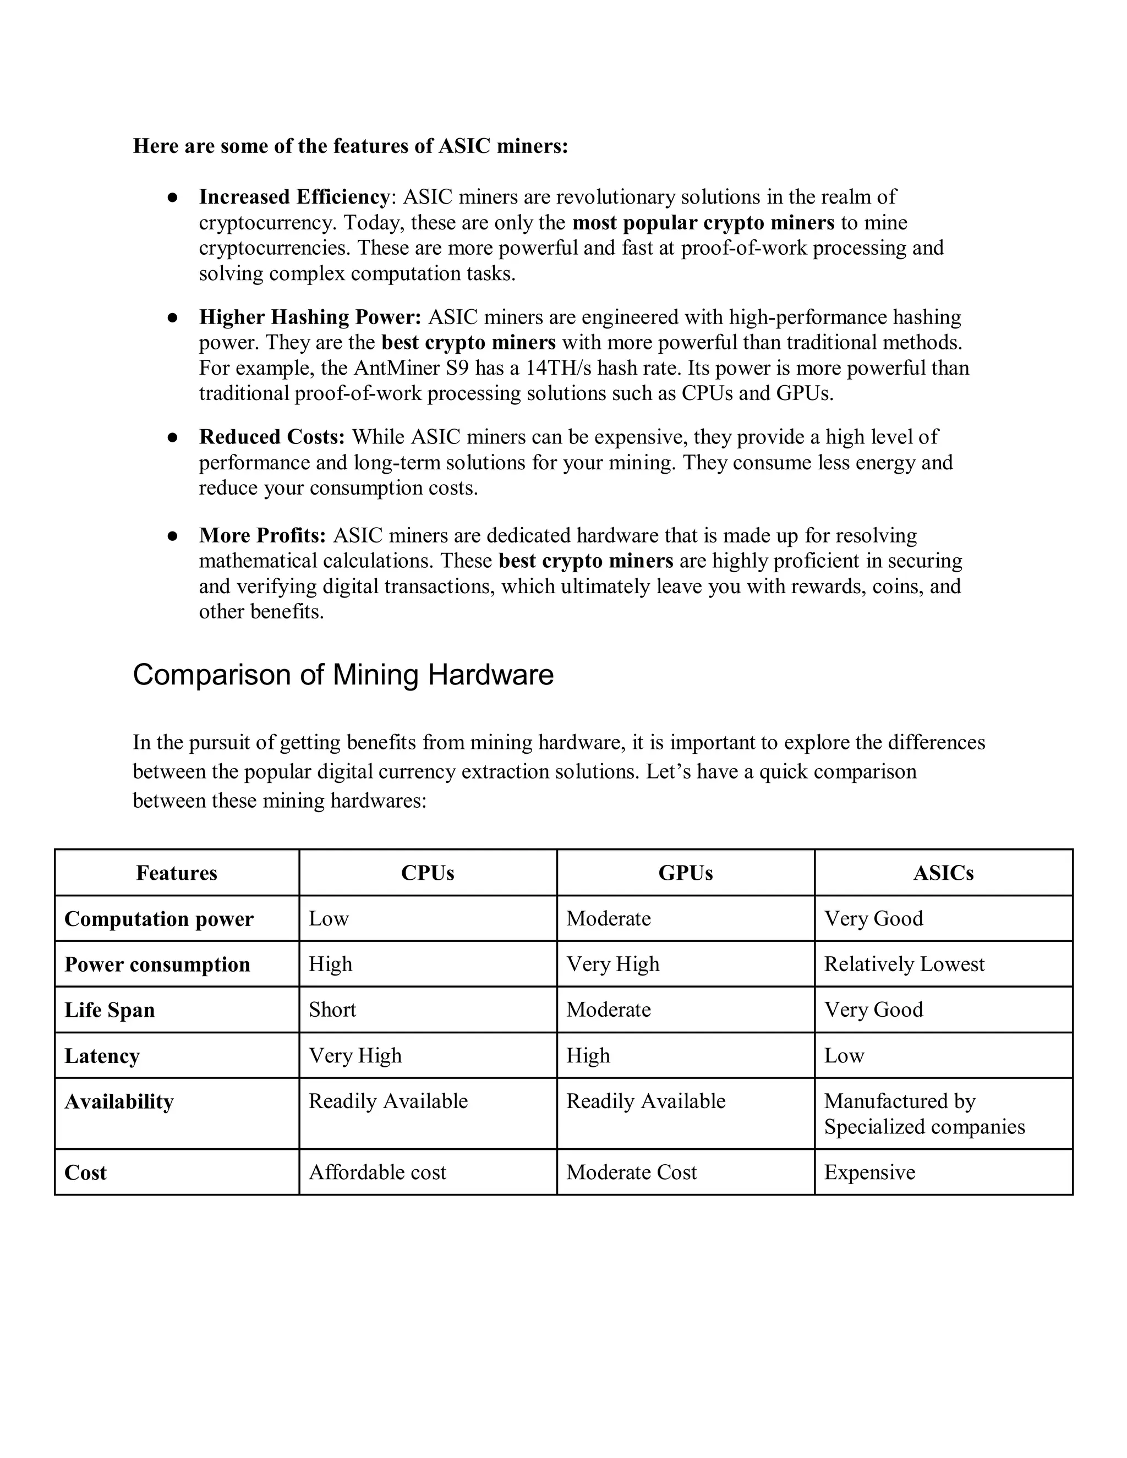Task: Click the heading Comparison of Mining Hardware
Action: pyautogui.click(x=343, y=675)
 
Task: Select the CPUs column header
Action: pyautogui.click(x=427, y=873)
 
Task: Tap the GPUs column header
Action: pyautogui.click(x=685, y=873)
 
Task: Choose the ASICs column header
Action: pyautogui.click(x=943, y=873)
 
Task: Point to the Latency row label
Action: pyautogui.click(x=102, y=1055)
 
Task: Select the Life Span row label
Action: pyautogui.click(x=110, y=1010)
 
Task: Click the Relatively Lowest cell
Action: pyautogui.click(x=904, y=964)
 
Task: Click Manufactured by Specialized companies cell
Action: pyautogui.click(x=924, y=1114)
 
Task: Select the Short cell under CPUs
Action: pyautogui.click(x=332, y=1010)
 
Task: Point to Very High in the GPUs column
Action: pyautogui.click(x=613, y=964)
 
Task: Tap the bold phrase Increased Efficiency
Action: pyautogui.click(x=294, y=197)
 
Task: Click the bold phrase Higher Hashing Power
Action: pyautogui.click(x=310, y=316)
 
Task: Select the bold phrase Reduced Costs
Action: pyautogui.click(x=272, y=437)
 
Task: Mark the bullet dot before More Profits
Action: pyautogui.click(x=172, y=535)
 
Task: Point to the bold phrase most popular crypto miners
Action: pyautogui.click(x=703, y=222)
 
